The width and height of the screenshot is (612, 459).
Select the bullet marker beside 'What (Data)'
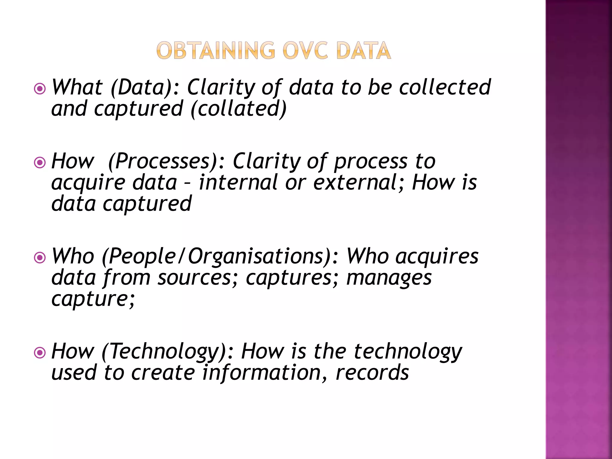40,89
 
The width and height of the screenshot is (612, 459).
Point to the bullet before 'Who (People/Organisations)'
40,258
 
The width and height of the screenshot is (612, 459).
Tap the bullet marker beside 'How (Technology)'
40,353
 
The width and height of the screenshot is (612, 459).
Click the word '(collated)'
238,109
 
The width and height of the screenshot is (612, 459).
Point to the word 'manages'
389,278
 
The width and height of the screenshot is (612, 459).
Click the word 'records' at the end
372,373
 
